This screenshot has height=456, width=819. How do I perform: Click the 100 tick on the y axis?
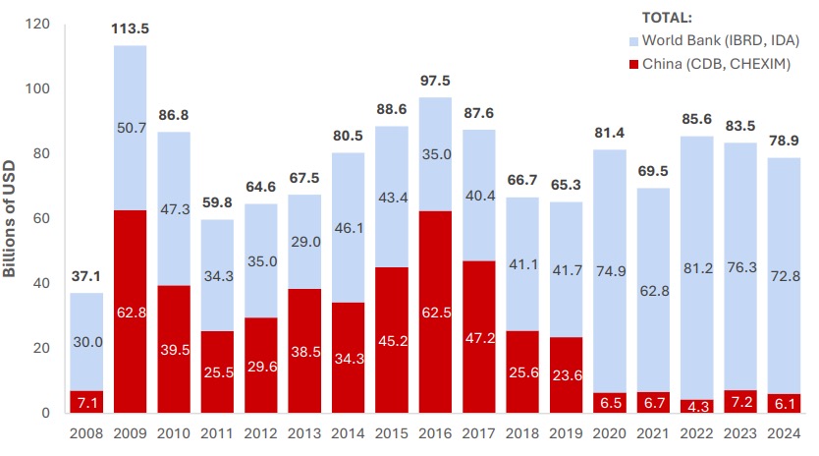(36, 89)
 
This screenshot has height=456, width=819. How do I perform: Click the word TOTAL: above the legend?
(667, 18)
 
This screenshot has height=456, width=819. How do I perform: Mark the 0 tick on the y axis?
(44, 413)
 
